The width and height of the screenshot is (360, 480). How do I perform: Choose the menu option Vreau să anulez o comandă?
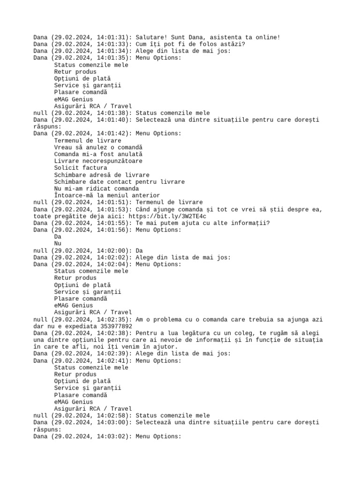click(x=98, y=147)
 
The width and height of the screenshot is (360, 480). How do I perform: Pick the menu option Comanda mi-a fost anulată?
click(x=98, y=154)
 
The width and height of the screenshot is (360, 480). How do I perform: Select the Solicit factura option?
click(x=81, y=168)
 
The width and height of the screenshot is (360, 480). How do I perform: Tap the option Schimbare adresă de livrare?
click(x=101, y=175)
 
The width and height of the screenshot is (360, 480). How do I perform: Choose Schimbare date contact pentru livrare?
click(x=119, y=181)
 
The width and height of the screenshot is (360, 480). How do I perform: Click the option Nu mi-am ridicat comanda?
click(x=96, y=188)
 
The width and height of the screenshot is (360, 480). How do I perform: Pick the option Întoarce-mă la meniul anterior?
click(x=106, y=195)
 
